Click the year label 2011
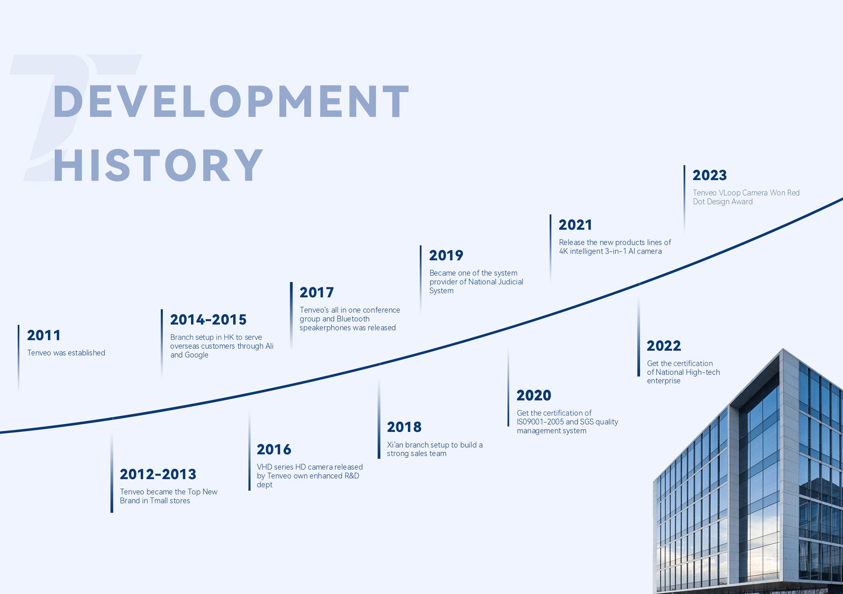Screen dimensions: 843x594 (x=44, y=335)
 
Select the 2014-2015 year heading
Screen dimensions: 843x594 (x=208, y=320)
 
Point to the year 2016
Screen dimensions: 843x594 (x=274, y=449)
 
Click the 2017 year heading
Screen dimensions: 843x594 (x=316, y=293)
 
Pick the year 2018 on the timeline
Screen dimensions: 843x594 (x=404, y=427)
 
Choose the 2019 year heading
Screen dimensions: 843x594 (x=446, y=256)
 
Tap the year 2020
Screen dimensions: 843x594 (x=534, y=396)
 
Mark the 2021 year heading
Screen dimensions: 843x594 (x=575, y=225)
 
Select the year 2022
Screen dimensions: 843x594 (x=664, y=346)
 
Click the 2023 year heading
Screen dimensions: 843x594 (x=710, y=175)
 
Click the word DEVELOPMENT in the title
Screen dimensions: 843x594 (x=231, y=101)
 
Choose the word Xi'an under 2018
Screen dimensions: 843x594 (x=395, y=445)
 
